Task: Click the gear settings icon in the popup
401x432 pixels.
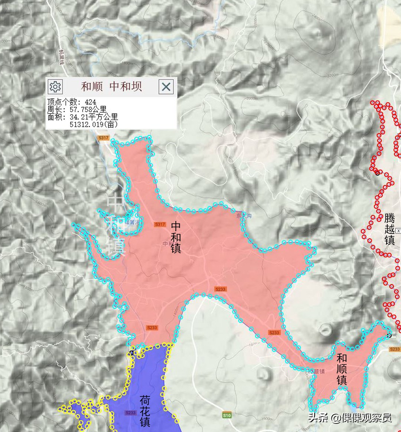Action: tap(55, 87)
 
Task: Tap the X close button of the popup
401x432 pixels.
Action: tap(166, 87)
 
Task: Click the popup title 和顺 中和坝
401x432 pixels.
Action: tap(111, 87)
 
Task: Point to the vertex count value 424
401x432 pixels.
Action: tap(90, 102)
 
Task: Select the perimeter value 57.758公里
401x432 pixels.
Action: tap(88, 109)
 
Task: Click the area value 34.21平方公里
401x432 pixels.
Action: tap(94, 117)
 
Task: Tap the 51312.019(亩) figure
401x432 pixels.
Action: tap(94, 125)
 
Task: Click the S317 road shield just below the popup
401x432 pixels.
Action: tap(103, 138)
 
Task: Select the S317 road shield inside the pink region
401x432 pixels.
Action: tap(160, 224)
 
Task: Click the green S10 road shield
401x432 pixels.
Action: tap(227, 415)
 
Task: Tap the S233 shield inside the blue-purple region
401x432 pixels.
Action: tap(131, 413)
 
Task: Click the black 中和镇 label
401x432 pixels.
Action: tap(176, 237)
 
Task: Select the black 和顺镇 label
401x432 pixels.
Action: tap(342, 369)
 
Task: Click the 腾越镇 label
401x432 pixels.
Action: tap(389, 229)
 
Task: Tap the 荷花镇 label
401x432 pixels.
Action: tap(145, 411)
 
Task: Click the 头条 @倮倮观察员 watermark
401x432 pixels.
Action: tap(349, 418)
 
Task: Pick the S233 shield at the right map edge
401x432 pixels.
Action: tap(395, 349)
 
